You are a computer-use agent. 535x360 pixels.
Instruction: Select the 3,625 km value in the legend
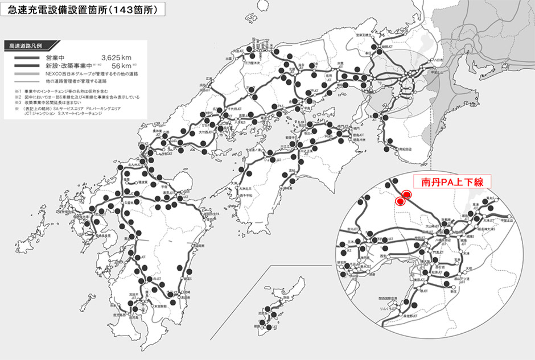point(117,58)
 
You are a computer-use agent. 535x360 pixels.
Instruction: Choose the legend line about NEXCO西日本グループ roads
point(85,75)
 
